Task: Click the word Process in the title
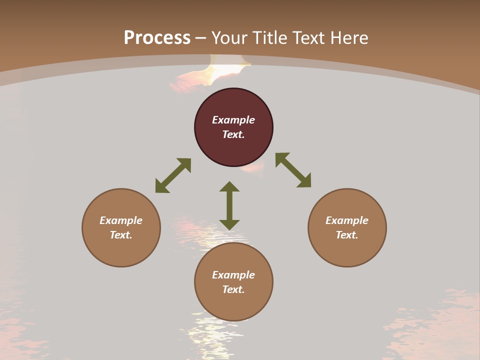tap(157, 38)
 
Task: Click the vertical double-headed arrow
tap(229, 205)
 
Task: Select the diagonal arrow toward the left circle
tap(173, 175)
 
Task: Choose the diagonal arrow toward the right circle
tap(293, 170)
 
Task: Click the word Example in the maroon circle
tap(233, 120)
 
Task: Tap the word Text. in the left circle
tap(121, 235)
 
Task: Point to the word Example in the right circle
tap(347, 220)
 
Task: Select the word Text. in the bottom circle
tap(233, 289)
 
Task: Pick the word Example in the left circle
tap(121, 220)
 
